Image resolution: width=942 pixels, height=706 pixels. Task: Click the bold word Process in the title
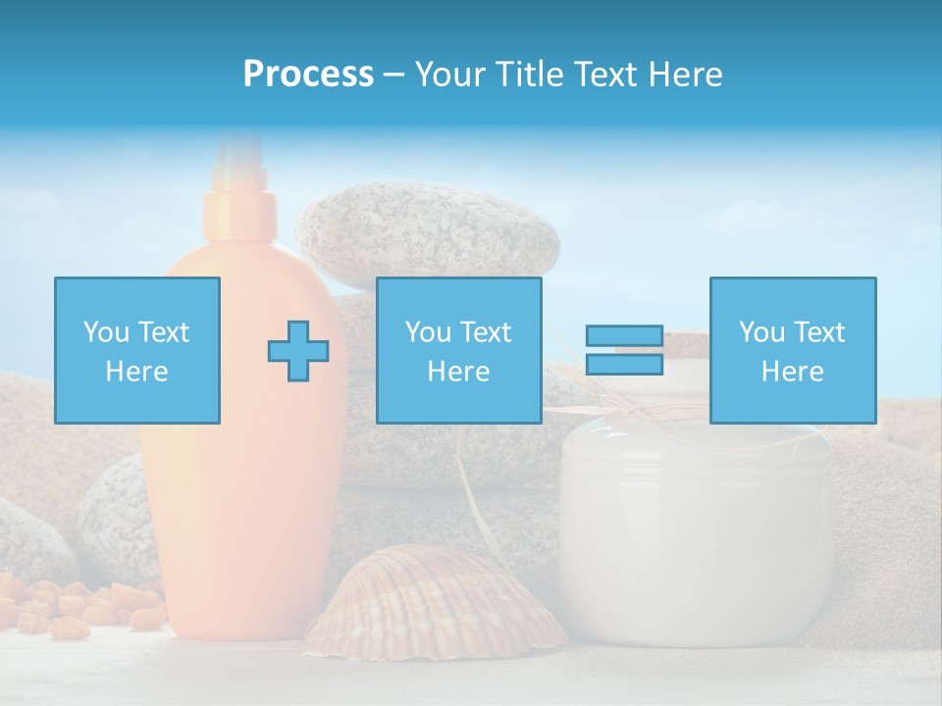pos(308,75)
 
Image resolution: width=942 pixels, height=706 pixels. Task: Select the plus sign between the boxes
pos(298,351)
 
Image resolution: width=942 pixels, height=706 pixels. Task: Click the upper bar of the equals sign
pos(624,335)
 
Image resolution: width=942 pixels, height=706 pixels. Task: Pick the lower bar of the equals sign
pos(624,364)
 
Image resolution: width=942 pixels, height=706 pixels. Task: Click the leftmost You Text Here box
pos(137,350)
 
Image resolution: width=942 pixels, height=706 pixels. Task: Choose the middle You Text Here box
pos(458,350)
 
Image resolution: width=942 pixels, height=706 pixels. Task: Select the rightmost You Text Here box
pos(792,350)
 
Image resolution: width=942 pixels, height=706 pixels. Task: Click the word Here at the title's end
pos(685,75)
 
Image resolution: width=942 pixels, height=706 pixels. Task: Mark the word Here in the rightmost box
pos(792,372)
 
